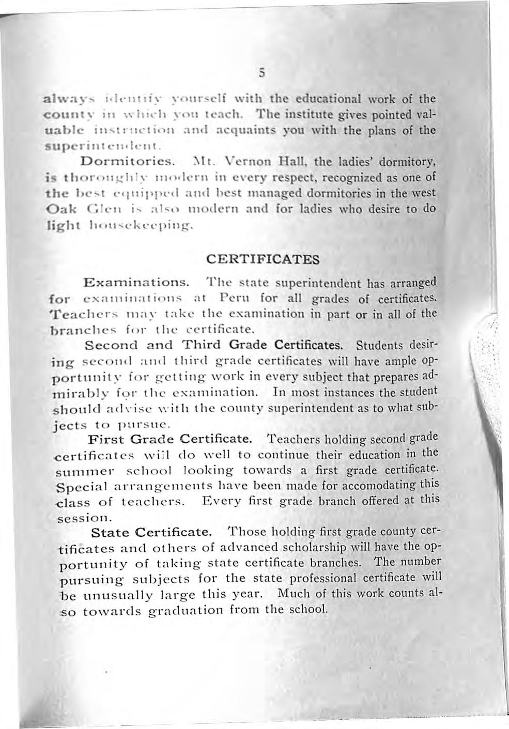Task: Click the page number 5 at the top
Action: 263,73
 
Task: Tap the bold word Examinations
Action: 135,283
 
